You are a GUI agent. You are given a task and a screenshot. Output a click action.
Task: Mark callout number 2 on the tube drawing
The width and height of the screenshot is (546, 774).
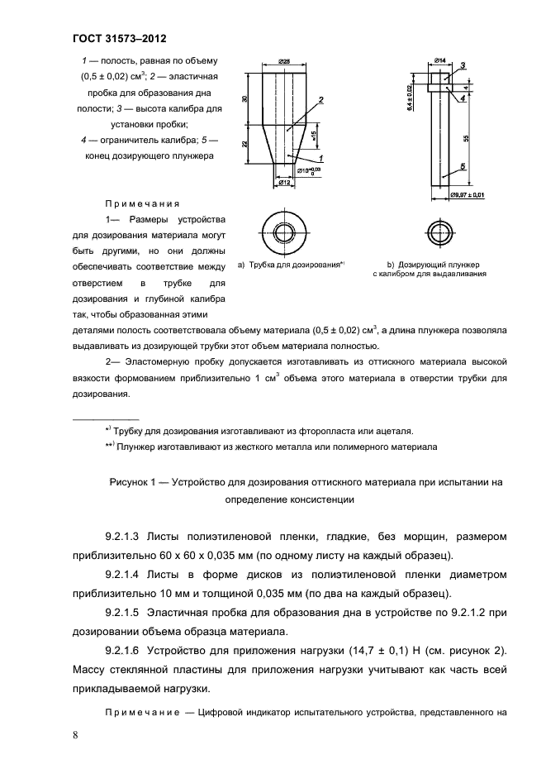pyautogui.click(x=320, y=99)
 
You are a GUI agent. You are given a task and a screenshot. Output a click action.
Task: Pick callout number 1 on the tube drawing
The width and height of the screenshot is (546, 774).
pyautogui.click(x=320, y=157)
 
